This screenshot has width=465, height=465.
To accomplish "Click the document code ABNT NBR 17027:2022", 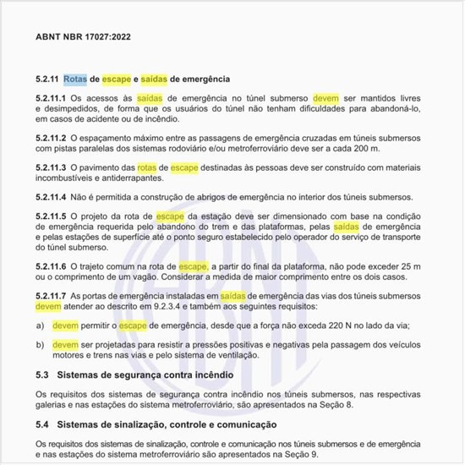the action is [84, 38].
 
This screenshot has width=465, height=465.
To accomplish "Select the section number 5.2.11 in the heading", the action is [47, 79].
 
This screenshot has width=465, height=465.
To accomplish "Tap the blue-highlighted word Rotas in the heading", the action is [74, 79].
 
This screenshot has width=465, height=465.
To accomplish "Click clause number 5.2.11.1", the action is [52, 100].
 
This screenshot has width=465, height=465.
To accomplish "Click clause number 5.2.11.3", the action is [52, 167].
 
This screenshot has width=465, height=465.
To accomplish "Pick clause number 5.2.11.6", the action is [52, 265].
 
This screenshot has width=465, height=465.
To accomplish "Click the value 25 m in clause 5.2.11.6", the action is [420, 265].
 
